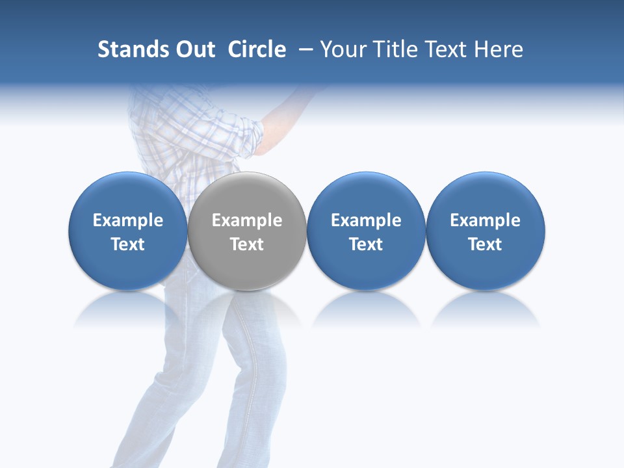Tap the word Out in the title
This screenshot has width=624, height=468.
(195, 49)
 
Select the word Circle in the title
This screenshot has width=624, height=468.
(257, 49)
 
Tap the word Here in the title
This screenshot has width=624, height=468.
(500, 49)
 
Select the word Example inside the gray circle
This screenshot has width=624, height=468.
(247, 220)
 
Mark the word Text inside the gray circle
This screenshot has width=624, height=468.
(247, 244)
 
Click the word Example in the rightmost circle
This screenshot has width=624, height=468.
(485, 220)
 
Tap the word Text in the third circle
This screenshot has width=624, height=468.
(366, 244)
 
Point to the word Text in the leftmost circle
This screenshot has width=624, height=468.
(127, 244)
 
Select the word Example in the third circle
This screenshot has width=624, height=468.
(366, 220)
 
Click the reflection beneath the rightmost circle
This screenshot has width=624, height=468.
(485, 311)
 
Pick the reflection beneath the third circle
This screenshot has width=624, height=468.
(366, 311)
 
